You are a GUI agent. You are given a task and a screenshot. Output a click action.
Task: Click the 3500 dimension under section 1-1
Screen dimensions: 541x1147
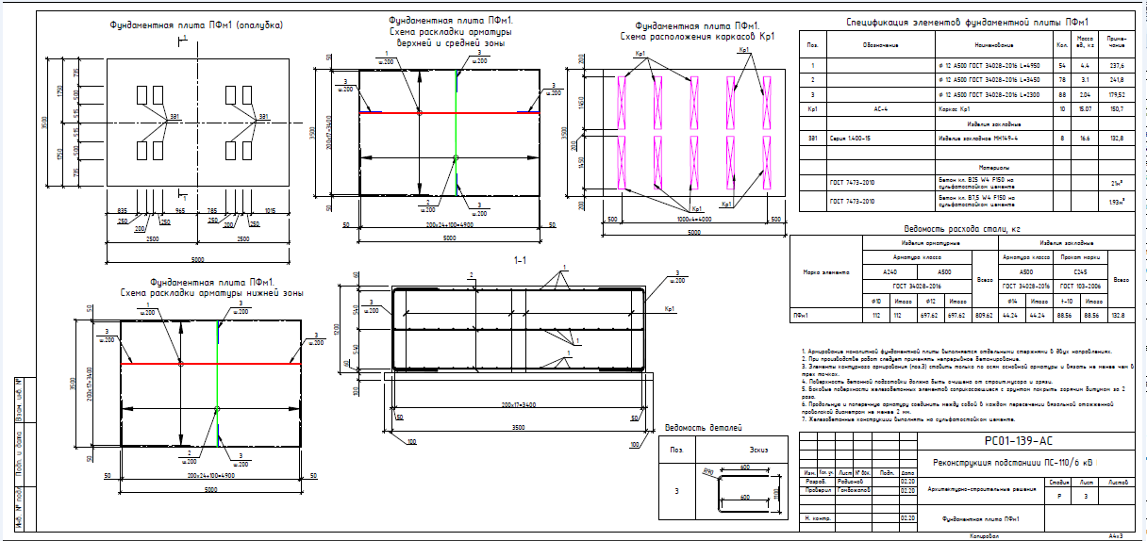[x=520, y=427]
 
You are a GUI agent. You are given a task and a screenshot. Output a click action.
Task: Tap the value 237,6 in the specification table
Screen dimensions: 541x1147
[x=1117, y=66]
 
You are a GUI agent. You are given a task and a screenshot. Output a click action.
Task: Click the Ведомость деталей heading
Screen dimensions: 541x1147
[x=699, y=429]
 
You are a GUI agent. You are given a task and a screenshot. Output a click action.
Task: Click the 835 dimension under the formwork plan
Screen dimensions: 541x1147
[x=123, y=211]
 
